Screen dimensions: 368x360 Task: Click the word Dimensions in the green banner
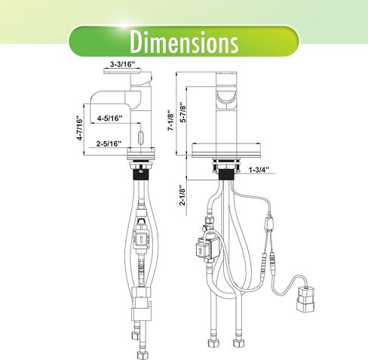click(x=184, y=42)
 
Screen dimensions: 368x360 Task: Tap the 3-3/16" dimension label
click(x=123, y=64)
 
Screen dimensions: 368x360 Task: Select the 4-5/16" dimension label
click(x=110, y=118)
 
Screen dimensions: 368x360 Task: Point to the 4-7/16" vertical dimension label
click(x=80, y=128)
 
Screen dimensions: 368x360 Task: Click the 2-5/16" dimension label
click(x=109, y=143)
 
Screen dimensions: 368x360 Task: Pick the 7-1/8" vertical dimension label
click(x=171, y=120)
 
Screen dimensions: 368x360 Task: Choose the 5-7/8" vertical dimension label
click(x=184, y=112)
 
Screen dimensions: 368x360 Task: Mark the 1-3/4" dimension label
click(x=259, y=170)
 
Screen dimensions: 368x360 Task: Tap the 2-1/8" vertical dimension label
click(x=182, y=195)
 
